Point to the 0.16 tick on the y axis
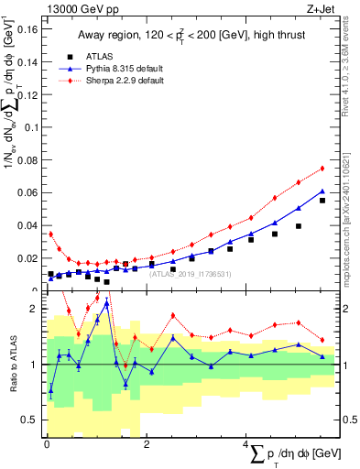(27, 29)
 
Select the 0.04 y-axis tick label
(27, 225)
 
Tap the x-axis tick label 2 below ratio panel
(147, 444)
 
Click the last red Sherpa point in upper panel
(322, 169)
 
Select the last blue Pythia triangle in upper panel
(322, 191)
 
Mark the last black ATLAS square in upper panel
(322, 201)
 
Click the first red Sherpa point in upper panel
(51, 234)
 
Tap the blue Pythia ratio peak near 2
(107, 304)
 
